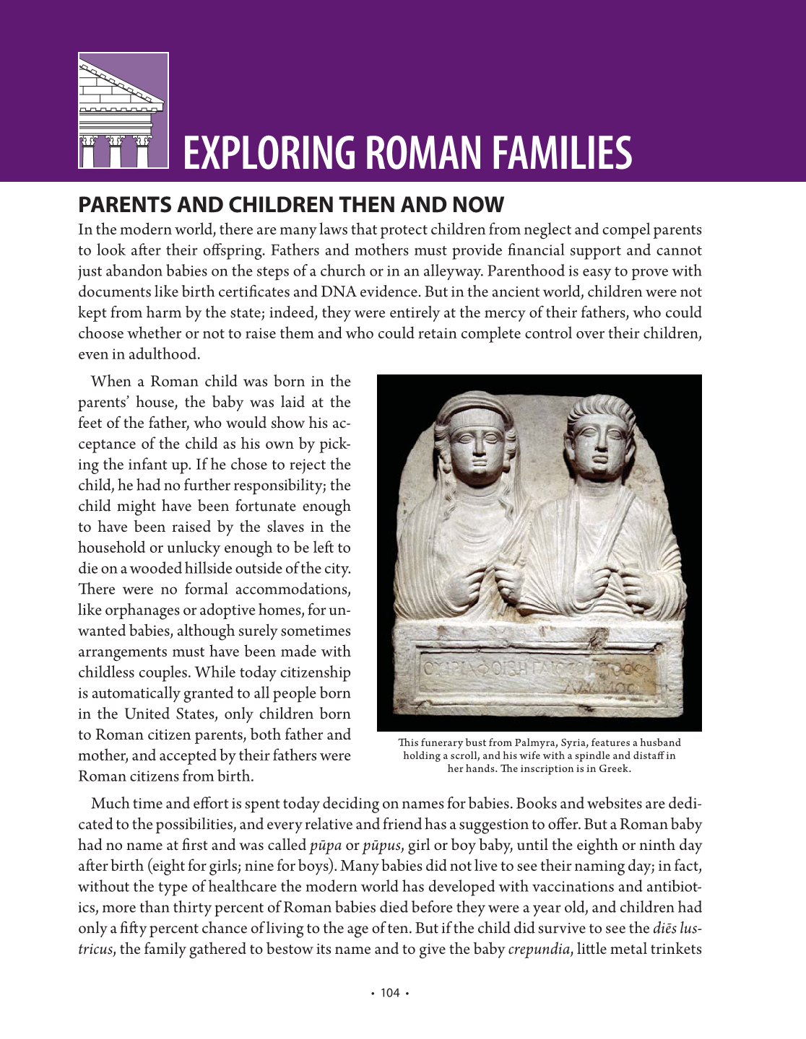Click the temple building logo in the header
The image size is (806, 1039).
pos(123,110)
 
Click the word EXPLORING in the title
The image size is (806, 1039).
pos(267,153)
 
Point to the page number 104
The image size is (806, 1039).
pos(390,993)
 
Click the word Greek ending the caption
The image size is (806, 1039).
pos(613,768)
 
